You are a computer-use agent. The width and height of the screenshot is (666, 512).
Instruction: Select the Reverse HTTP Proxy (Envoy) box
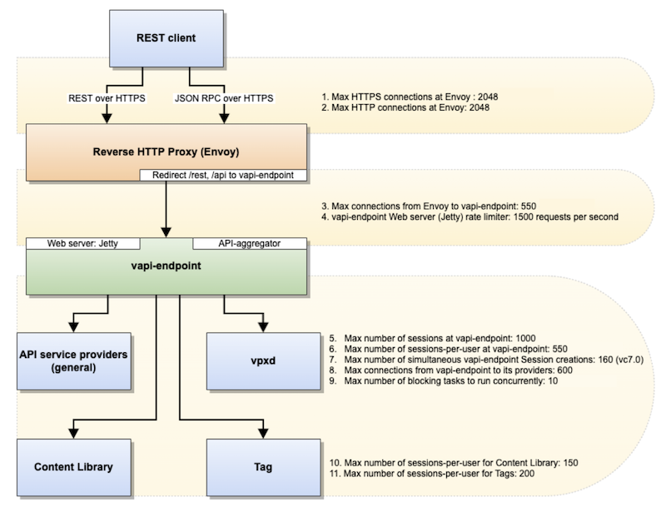point(166,152)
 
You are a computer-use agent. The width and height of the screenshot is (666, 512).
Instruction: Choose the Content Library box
point(73,466)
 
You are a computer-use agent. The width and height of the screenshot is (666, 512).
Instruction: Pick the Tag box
point(264,466)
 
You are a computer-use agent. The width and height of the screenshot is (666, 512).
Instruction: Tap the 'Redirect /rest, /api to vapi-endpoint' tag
point(224,175)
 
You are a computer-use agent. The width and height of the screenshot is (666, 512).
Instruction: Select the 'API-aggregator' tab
point(250,243)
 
